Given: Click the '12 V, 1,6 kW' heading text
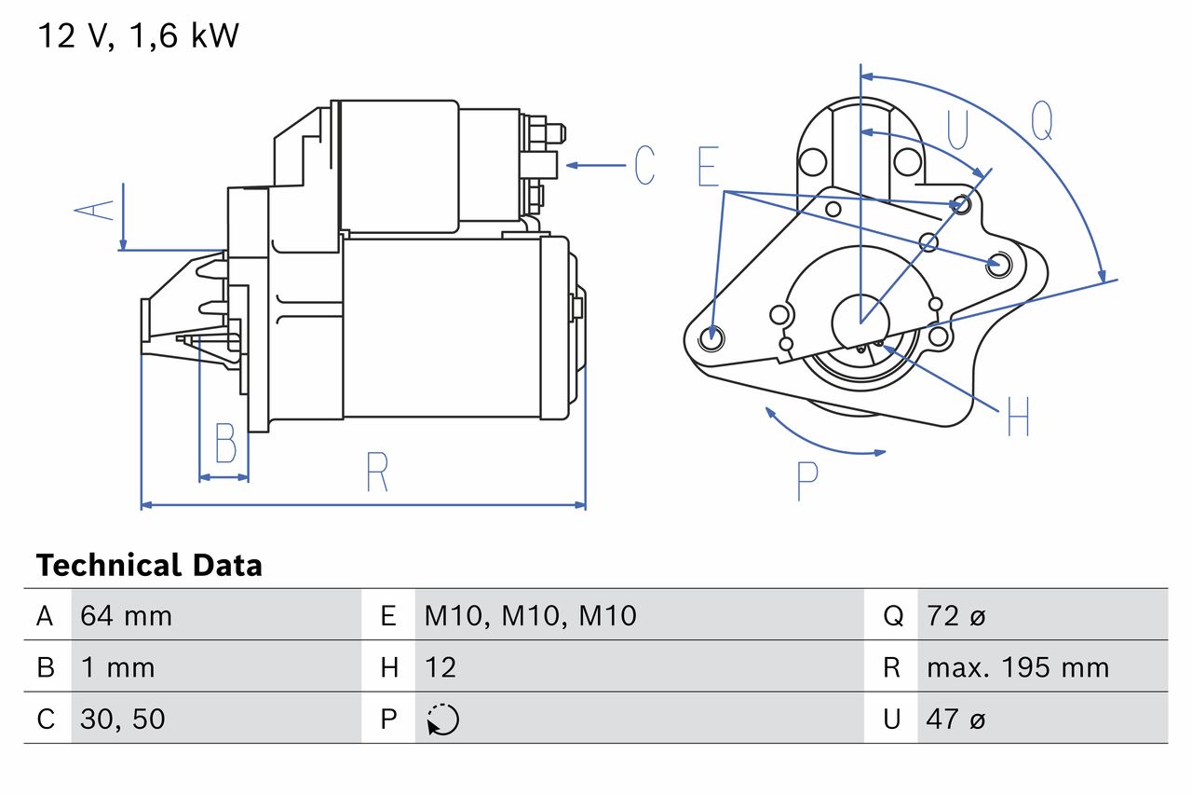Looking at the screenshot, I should point(138,36).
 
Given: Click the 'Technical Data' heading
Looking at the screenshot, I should point(149,565).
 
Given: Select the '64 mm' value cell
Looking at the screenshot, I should point(126,615).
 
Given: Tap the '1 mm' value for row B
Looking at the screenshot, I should point(117,667).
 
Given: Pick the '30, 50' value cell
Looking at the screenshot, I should point(123,719).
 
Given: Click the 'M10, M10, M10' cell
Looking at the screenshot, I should point(530,615).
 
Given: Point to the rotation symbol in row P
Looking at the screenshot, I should point(443,720).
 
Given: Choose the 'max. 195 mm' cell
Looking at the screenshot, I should point(1017,667).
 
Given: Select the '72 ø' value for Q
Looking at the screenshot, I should point(956,615).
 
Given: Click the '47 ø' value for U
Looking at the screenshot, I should point(956,719).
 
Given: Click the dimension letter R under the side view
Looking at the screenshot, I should point(376,473).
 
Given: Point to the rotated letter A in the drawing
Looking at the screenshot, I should point(95,209).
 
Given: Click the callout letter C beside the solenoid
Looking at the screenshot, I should point(643,165).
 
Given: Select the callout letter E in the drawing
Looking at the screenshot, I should point(708,167).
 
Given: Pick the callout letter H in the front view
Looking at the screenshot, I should point(1018,417).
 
